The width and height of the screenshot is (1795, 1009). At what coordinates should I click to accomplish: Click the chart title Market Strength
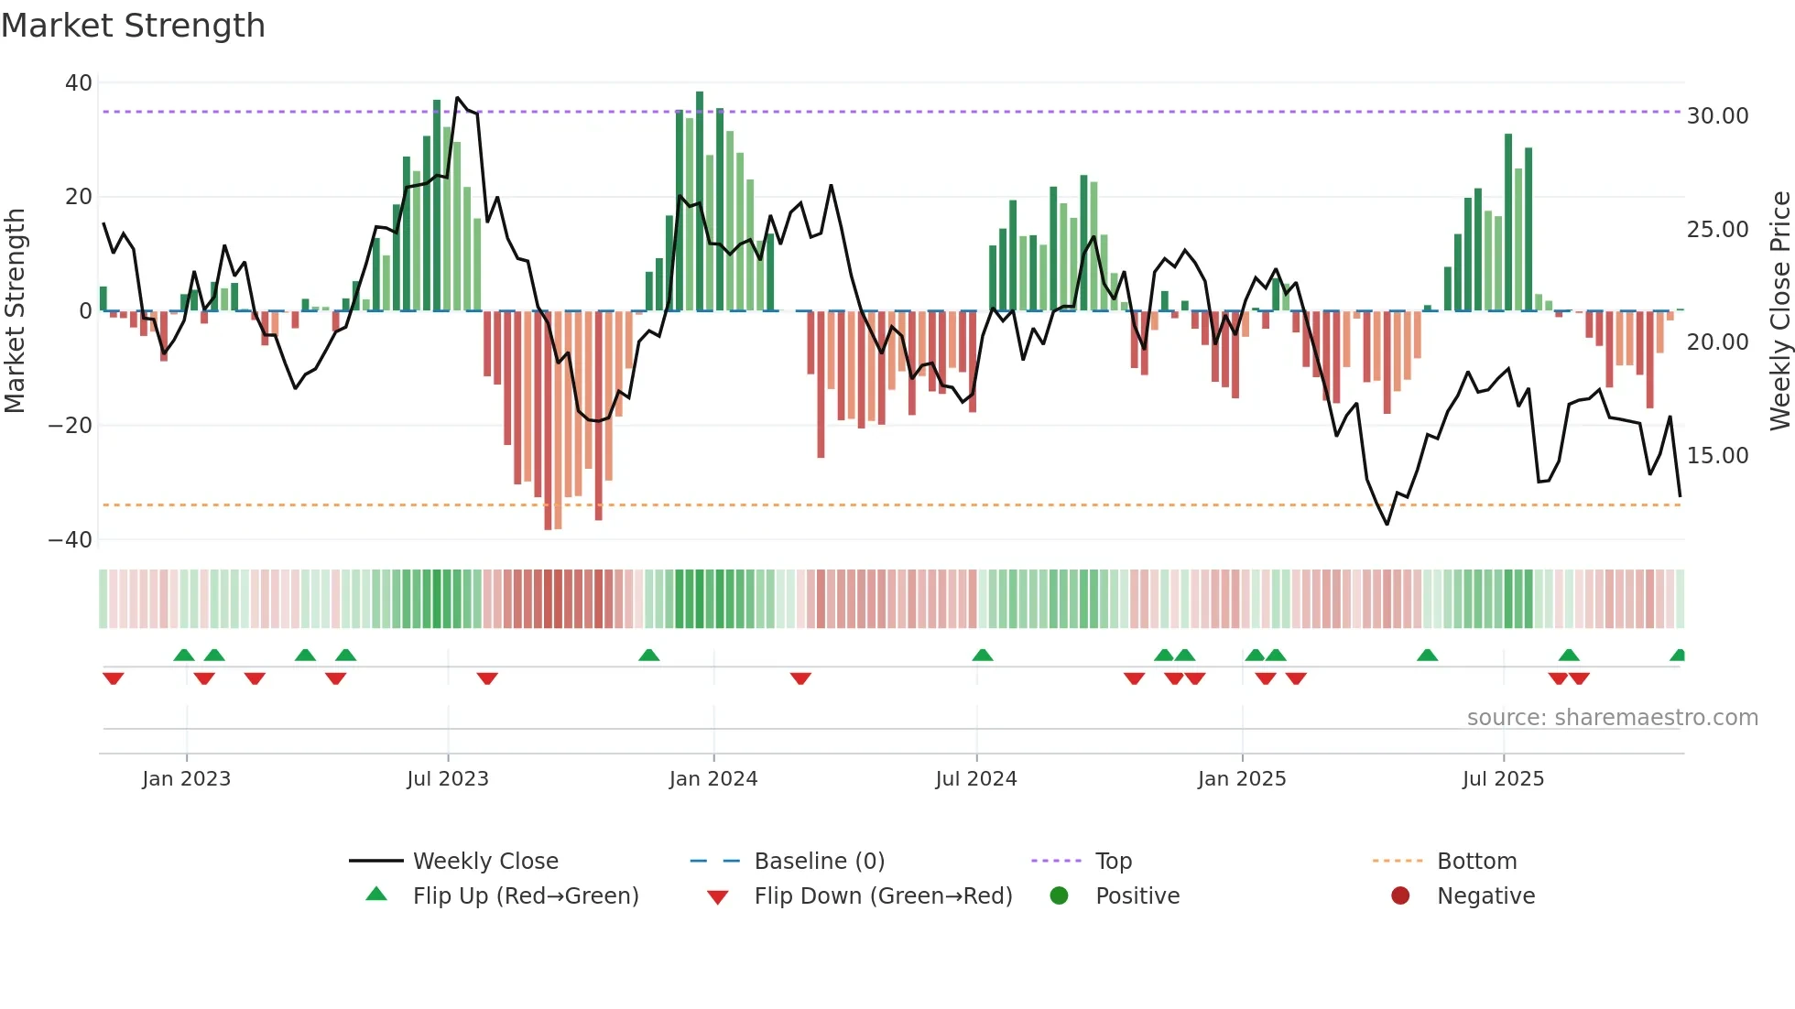click(x=133, y=26)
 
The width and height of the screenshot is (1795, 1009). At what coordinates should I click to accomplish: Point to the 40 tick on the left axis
click(x=79, y=83)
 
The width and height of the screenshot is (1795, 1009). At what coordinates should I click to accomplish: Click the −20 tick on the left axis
click(x=71, y=426)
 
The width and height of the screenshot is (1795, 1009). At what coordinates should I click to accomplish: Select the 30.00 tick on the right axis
click(x=1717, y=116)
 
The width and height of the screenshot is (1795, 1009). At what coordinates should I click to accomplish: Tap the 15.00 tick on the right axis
click(x=1717, y=456)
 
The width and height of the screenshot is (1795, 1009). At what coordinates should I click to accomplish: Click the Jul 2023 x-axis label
click(x=448, y=779)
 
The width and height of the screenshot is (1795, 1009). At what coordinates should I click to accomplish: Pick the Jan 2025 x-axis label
click(x=1242, y=779)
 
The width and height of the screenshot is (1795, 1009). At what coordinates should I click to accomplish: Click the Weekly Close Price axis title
click(x=1779, y=311)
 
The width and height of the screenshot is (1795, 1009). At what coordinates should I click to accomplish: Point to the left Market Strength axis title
click(x=15, y=311)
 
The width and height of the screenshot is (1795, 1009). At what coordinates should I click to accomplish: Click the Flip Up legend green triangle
click(x=376, y=895)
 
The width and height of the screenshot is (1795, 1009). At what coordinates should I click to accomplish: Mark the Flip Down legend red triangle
click(x=718, y=897)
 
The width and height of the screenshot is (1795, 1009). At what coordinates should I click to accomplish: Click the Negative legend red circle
click(x=1400, y=895)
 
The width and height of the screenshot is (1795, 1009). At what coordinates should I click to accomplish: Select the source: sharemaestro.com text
click(x=1612, y=718)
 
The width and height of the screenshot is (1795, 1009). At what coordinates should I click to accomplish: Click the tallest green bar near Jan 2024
click(x=700, y=201)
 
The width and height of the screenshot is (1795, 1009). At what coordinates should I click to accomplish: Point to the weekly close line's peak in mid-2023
click(x=458, y=97)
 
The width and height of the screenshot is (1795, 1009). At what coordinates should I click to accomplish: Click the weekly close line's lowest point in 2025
click(x=1387, y=524)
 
